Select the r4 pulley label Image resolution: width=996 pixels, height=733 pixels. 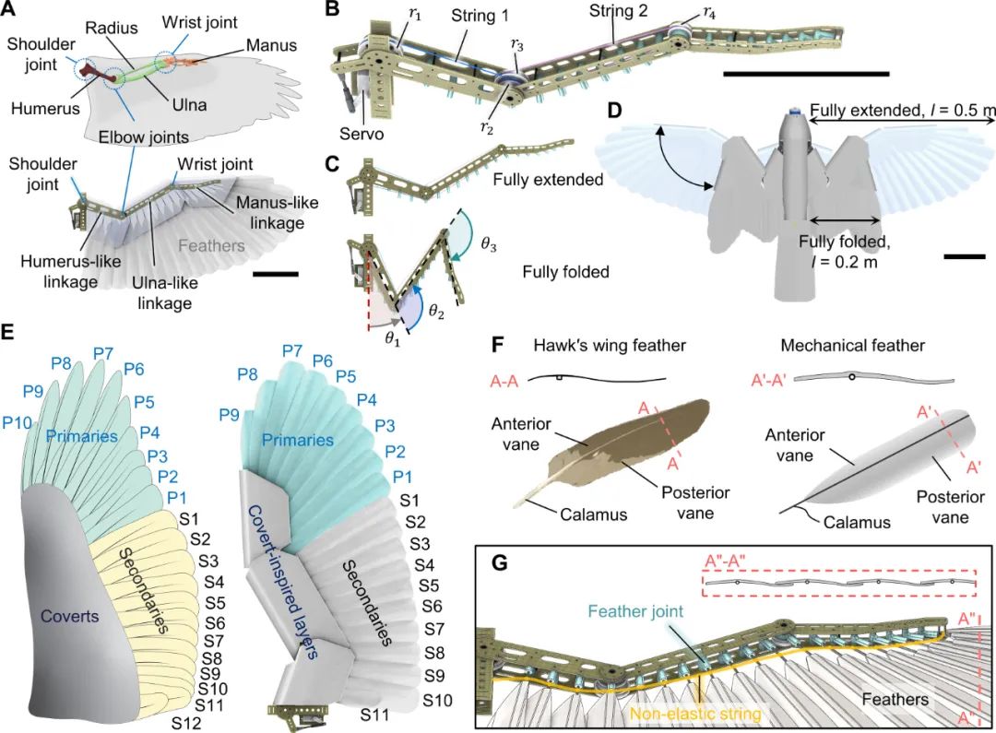pyautogui.click(x=708, y=12)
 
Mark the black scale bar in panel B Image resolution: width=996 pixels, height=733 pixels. pyautogui.click(x=806, y=72)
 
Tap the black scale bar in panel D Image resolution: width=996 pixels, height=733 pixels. pyautogui.click(x=966, y=257)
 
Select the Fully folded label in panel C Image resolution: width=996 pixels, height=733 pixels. pyautogui.click(x=564, y=272)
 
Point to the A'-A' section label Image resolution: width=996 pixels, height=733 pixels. pyautogui.click(x=755, y=376)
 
